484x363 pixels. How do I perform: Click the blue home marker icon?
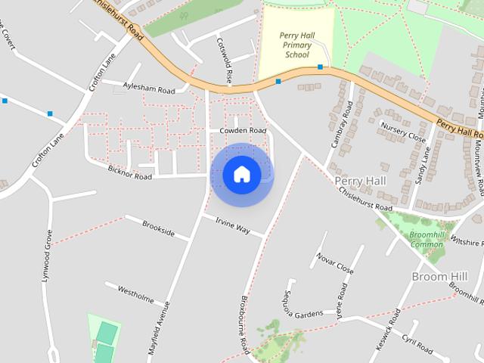tap(241, 175)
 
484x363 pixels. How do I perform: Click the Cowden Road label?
tap(243, 131)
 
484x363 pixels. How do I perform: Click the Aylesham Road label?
tap(148, 88)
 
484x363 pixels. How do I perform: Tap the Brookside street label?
tap(159, 228)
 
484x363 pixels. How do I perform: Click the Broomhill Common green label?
tap(427, 240)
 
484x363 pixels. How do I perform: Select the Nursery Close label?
tap(403, 132)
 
